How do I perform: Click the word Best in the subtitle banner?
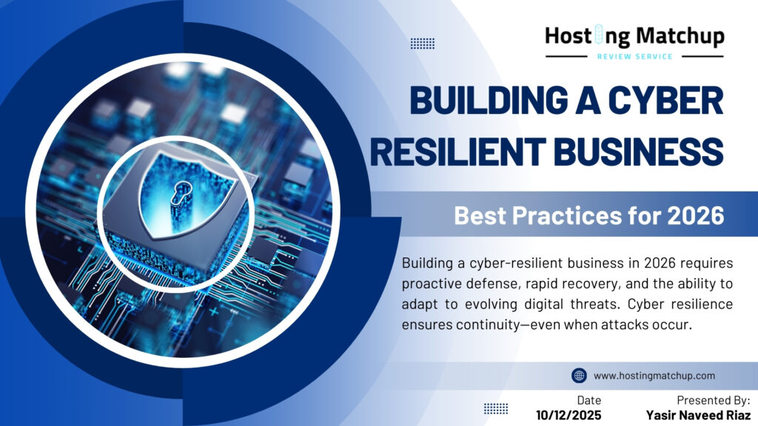[x=485, y=216]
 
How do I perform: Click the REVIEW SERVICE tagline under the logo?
[x=634, y=56]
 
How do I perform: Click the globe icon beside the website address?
[x=579, y=376]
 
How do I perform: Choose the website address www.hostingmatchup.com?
[x=654, y=376]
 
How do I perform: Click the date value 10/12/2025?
[x=569, y=415]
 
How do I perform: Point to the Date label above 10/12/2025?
[x=589, y=400]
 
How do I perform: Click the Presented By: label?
[x=713, y=400]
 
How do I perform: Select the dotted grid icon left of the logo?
[x=423, y=43]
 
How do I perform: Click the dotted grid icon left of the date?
[x=496, y=408]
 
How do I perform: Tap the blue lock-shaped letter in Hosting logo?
[x=602, y=35]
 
